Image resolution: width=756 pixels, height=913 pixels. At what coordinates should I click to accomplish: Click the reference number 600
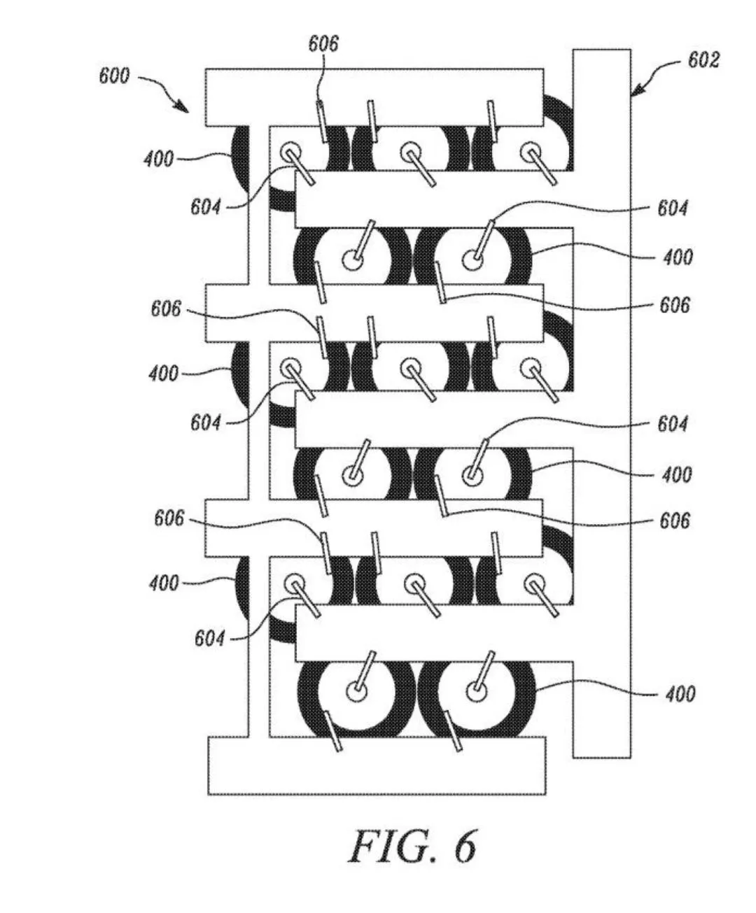click(x=114, y=76)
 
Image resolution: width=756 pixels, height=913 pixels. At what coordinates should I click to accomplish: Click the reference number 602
click(x=703, y=60)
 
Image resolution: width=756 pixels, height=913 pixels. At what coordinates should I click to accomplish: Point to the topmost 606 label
click(x=323, y=43)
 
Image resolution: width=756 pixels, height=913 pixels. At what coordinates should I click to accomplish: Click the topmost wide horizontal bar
click(x=374, y=97)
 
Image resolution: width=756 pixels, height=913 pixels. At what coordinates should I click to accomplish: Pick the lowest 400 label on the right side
click(x=679, y=693)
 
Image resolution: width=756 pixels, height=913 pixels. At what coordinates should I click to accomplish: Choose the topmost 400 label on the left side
click(x=159, y=160)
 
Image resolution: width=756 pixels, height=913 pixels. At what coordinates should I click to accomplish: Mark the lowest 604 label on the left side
click(x=209, y=638)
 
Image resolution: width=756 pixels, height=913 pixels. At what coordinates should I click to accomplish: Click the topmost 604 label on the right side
click(x=672, y=208)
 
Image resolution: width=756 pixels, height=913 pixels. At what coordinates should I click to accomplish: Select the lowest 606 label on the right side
click(x=674, y=521)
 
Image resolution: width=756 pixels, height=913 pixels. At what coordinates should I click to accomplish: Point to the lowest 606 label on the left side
click(x=169, y=518)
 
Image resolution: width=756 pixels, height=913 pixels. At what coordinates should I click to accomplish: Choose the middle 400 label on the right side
click(x=677, y=474)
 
